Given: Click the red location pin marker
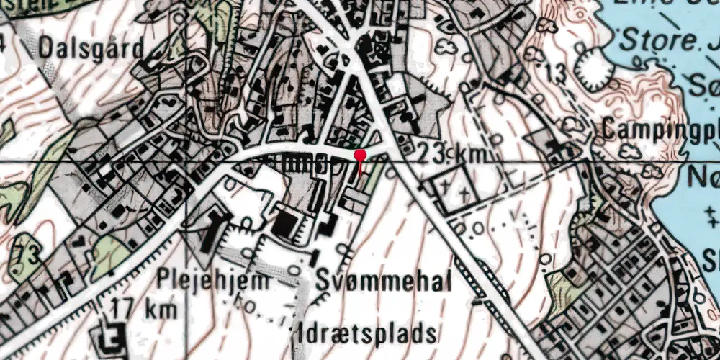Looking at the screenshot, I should click(x=360, y=156).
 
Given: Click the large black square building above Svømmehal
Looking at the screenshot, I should click(x=288, y=224).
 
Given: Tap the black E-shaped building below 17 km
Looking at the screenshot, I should click(x=112, y=335).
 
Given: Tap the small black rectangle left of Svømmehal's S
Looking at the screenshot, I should click(x=315, y=256).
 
